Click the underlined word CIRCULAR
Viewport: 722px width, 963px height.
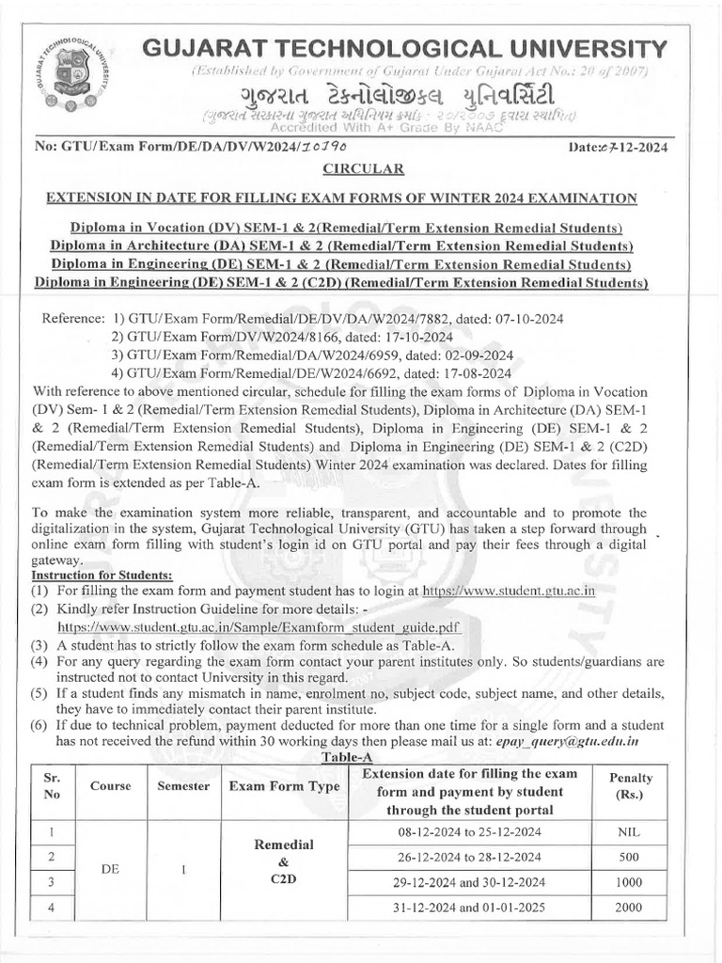click(x=364, y=169)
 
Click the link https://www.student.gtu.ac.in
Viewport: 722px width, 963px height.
click(x=509, y=591)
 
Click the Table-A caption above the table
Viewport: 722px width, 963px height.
click(x=348, y=757)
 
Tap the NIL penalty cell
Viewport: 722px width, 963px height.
click(x=631, y=832)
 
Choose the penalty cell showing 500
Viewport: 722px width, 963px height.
click(x=631, y=857)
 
